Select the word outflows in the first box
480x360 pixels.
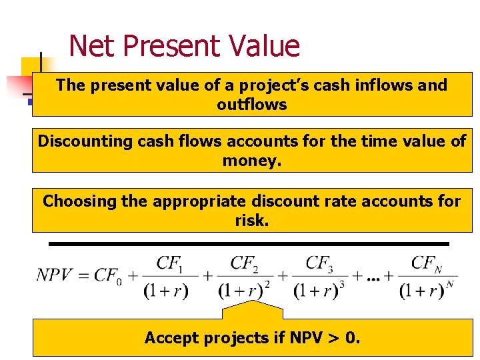(x=252, y=105)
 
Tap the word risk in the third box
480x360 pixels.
(x=252, y=221)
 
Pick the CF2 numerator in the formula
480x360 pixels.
(x=244, y=263)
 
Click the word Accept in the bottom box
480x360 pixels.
(x=171, y=338)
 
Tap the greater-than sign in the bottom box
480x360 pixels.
(x=331, y=339)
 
